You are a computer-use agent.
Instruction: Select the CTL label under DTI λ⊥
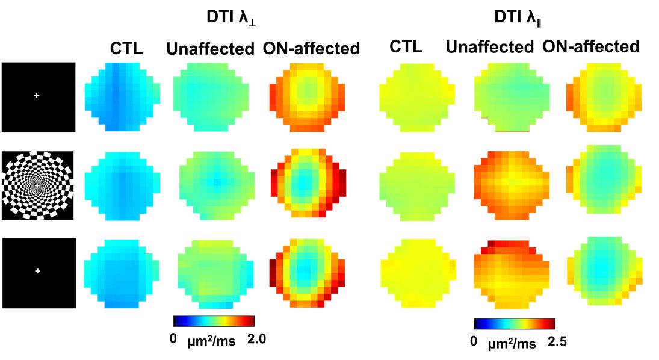click(126, 49)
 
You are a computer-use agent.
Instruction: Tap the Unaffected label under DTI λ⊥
click(210, 49)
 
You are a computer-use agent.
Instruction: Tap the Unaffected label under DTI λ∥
click(490, 47)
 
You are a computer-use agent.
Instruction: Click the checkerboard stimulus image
click(37, 185)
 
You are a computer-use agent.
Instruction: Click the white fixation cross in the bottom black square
click(37, 272)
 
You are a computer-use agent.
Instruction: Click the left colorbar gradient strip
click(214, 321)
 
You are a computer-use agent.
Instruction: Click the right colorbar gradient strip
click(514, 324)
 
